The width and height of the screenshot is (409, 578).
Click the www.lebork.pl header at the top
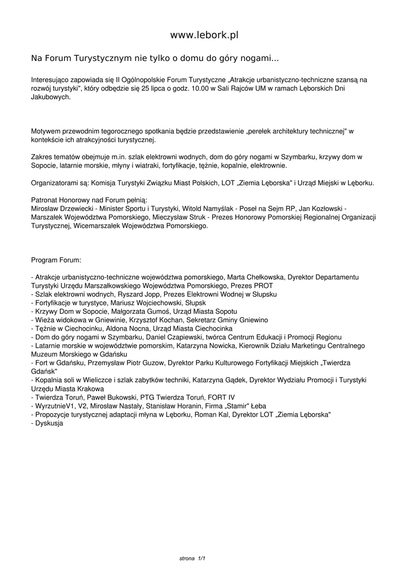click(204, 35)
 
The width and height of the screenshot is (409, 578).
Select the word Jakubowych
click(51, 97)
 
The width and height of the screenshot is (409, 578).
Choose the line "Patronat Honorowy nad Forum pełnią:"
click(89, 200)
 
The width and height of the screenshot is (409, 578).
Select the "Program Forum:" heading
click(56, 260)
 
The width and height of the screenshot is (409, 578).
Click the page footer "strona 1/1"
click(191, 558)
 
